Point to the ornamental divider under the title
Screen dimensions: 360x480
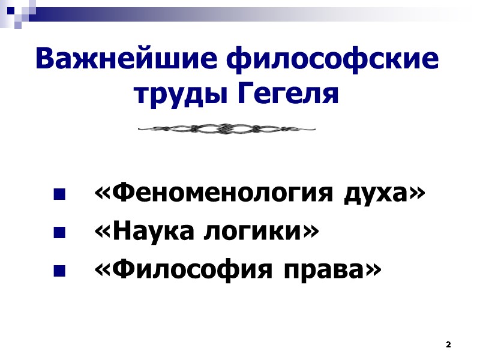[227, 128]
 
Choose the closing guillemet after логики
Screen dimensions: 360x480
[307, 233]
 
